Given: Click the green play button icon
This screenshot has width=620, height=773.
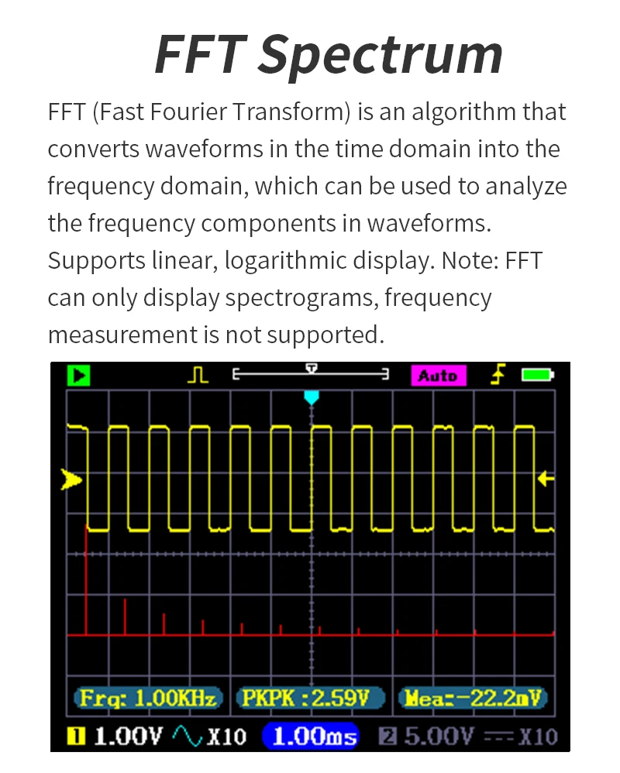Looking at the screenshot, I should click(x=78, y=376).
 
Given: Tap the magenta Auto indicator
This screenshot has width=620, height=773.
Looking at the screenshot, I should click(x=438, y=376).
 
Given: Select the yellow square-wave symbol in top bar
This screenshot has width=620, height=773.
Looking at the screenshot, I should click(x=198, y=376).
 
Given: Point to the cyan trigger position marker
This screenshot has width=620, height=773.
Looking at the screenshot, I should click(x=312, y=397).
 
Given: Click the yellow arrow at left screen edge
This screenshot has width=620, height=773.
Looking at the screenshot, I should click(x=71, y=480).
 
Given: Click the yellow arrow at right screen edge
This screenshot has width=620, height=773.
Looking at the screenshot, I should click(x=546, y=479).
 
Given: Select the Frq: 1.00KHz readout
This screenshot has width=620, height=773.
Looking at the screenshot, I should click(x=148, y=698).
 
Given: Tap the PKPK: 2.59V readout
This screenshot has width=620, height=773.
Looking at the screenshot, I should click(x=311, y=698).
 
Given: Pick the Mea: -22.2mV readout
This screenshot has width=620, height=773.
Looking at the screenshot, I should click(x=472, y=698).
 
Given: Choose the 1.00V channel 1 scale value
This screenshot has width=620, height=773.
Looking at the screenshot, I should click(x=128, y=735).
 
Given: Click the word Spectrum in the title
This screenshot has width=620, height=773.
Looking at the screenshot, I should click(x=380, y=54).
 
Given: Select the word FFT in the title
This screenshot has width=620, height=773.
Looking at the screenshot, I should click(x=200, y=54).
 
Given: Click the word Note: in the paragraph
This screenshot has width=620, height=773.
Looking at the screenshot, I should click(x=470, y=260).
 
